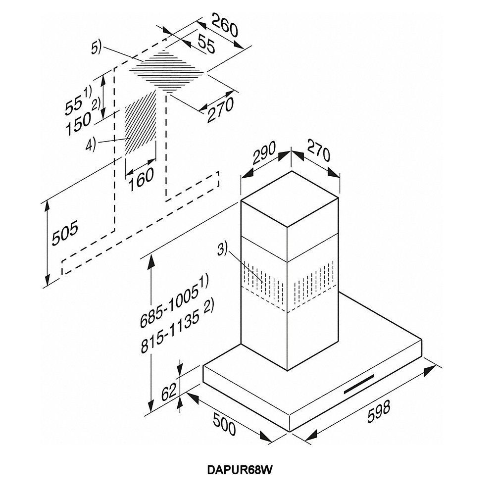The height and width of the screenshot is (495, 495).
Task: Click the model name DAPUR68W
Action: pos(239,470)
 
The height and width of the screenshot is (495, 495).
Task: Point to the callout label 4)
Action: pos(90,145)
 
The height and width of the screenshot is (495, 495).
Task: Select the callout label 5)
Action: pos(96,49)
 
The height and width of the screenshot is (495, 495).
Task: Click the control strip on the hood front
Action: pos(359,384)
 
